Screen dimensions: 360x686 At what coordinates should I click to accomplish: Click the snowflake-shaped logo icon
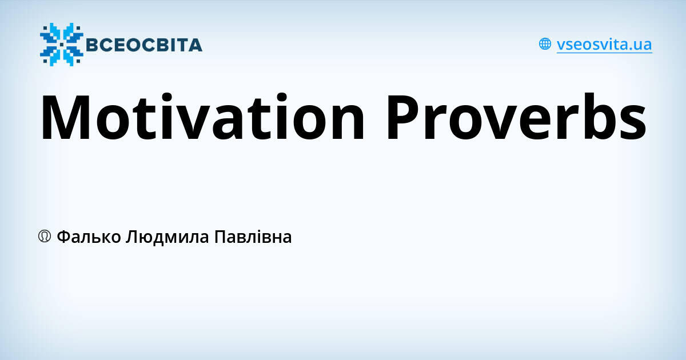(x=61, y=44)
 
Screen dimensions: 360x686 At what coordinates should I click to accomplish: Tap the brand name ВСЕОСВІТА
(x=143, y=45)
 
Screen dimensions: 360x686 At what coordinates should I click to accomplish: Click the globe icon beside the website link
(x=545, y=44)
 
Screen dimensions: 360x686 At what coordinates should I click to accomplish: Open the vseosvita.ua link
(x=604, y=44)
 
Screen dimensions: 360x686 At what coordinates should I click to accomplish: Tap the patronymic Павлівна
(x=253, y=237)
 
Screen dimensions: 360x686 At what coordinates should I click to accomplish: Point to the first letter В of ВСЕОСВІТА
(x=93, y=45)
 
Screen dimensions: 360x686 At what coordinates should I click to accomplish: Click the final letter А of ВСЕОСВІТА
(x=195, y=45)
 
